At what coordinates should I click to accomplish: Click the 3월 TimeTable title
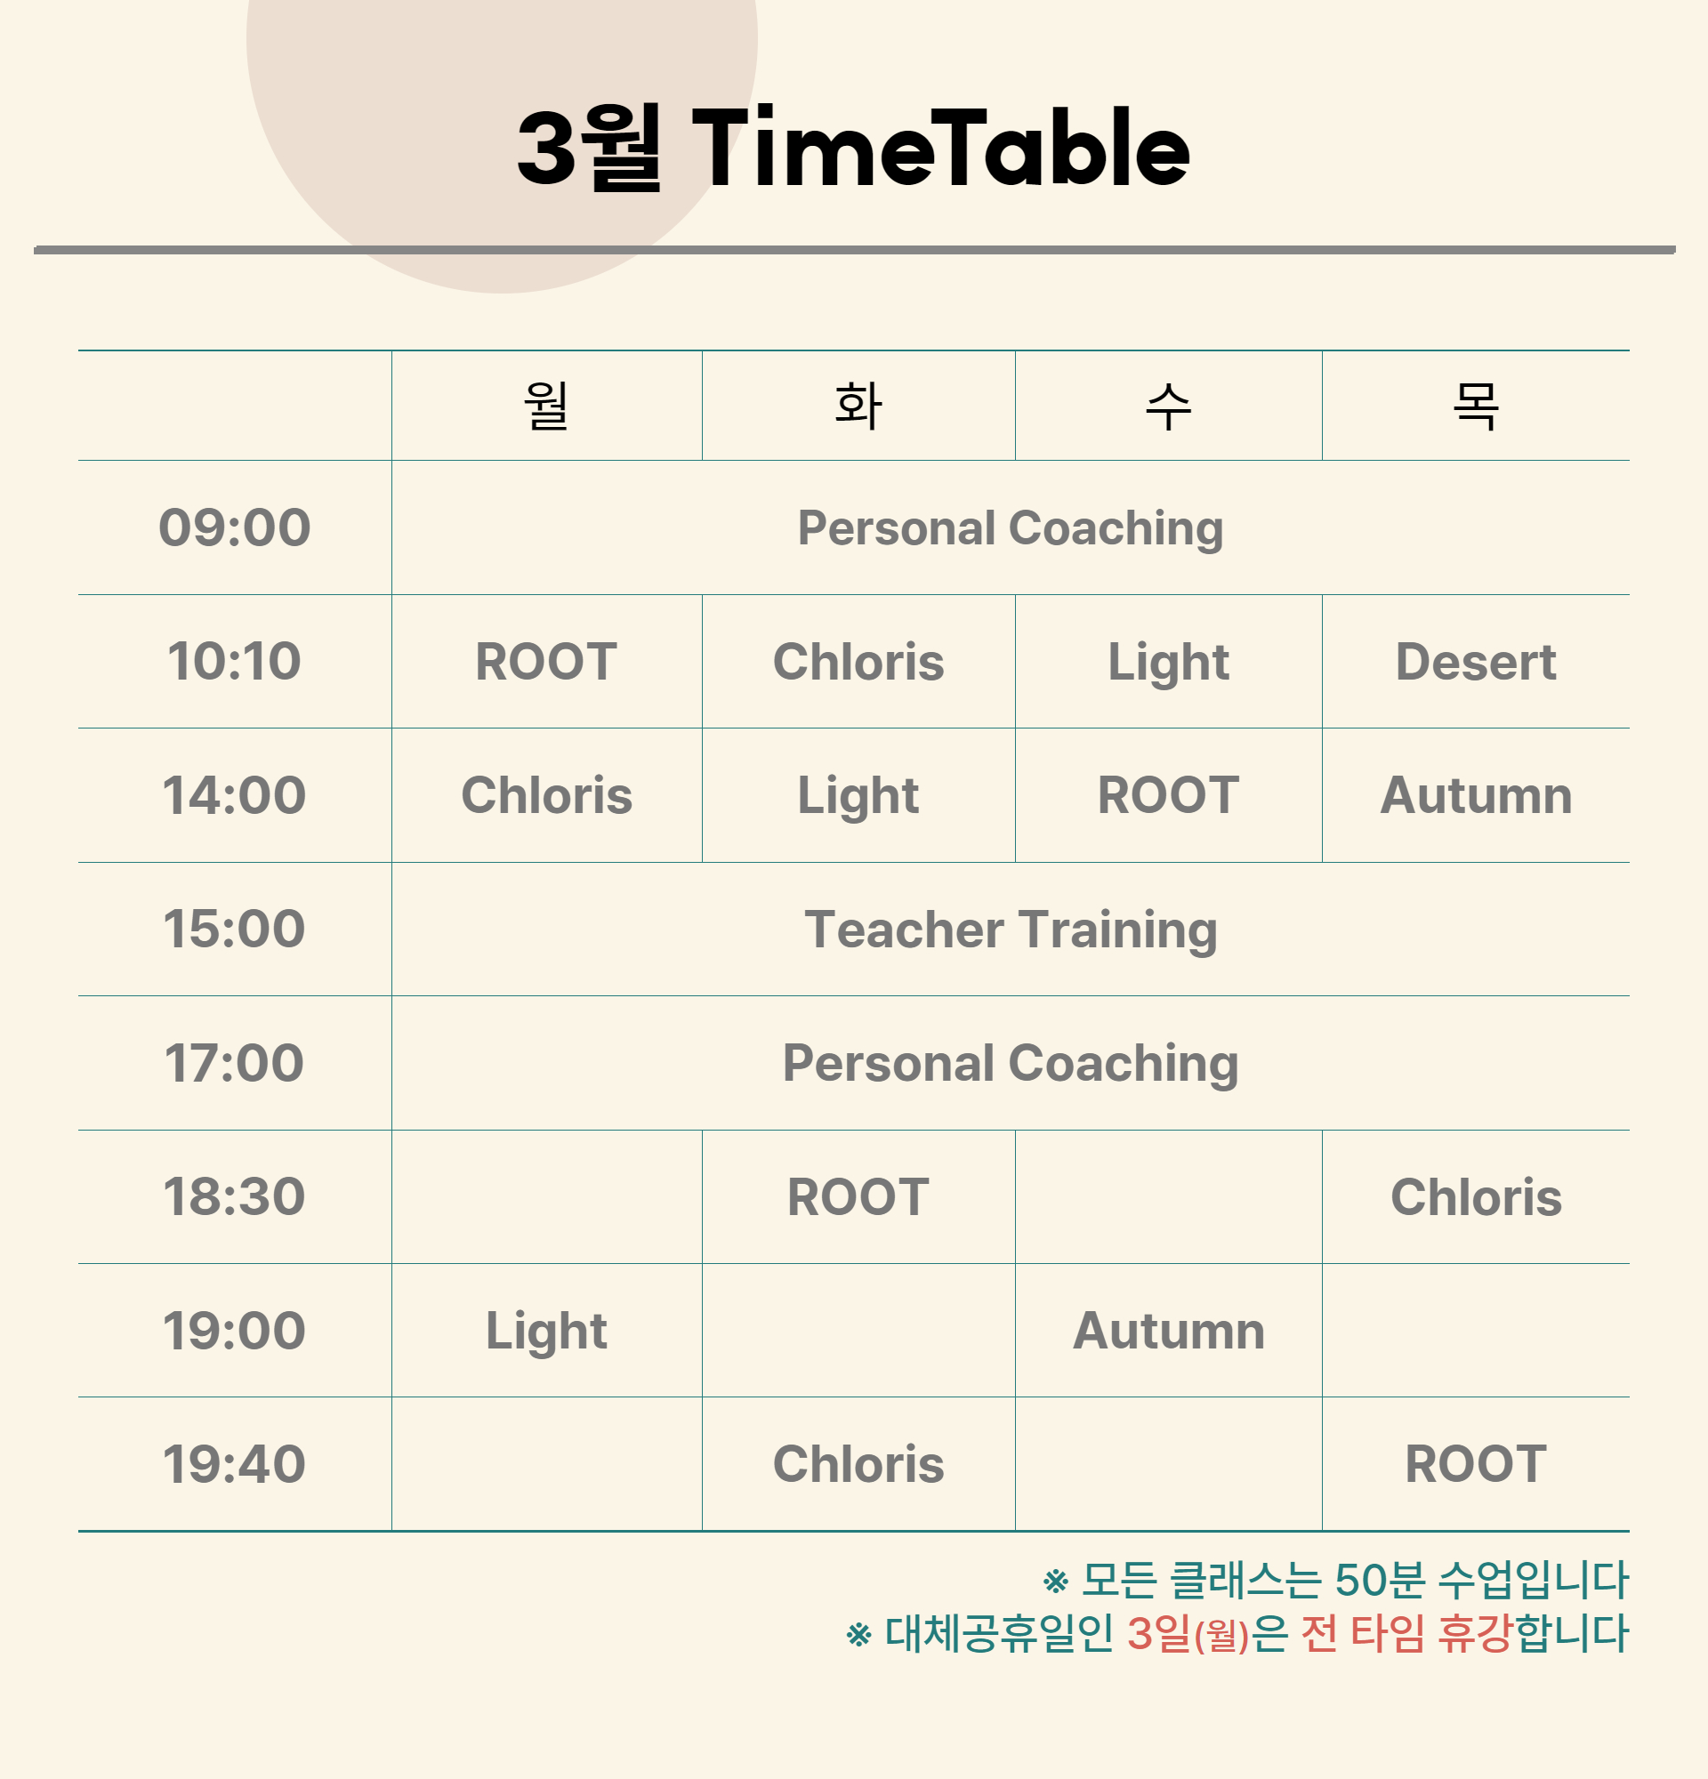click(x=853, y=147)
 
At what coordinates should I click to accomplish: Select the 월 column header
click(x=546, y=405)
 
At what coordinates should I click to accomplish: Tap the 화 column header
click(x=858, y=405)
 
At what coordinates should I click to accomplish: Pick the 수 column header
click(x=1168, y=405)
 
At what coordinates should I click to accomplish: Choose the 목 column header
click(x=1476, y=405)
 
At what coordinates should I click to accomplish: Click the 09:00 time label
click(x=234, y=527)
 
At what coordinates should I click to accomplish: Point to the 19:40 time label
click(x=234, y=1464)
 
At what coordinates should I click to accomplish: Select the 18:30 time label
click(x=234, y=1196)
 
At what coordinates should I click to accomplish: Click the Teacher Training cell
click(x=1010, y=930)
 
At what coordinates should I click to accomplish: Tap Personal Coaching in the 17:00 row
click(x=1010, y=1063)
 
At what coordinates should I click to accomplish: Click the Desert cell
click(x=1476, y=662)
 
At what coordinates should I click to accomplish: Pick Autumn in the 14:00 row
click(x=1476, y=795)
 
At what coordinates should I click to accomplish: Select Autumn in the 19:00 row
click(x=1168, y=1331)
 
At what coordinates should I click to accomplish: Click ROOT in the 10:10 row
click(x=546, y=662)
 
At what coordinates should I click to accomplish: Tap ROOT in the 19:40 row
click(x=1476, y=1464)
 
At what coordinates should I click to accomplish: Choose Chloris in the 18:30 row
click(x=1476, y=1196)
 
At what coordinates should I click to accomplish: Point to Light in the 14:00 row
click(x=858, y=797)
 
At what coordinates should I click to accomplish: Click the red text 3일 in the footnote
click(x=1159, y=1633)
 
